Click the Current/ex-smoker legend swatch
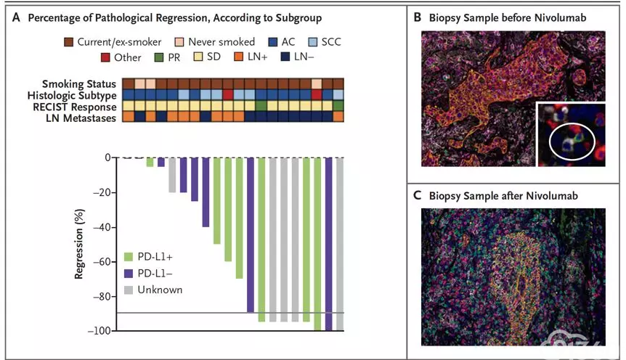pyautogui.click(x=69, y=42)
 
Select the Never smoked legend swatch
pyautogui.click(x=179, y=42)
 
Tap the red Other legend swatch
pyautogui.click(x=105, y=57)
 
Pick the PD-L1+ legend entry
pyautogui.click(x=149, y=257)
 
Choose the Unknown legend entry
pyautogui.click(x=153, y=290)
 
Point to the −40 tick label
pyautogui.click(x=102, y=227)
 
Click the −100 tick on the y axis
pyautogui.click(x=114, y=330)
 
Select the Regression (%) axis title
pyautogui.click(x=79, y=244)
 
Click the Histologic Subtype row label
pyautogui.click(x=72, y=95)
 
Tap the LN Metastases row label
pyautogui.click(x=81, y=118)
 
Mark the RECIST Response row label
pyautogui.click(x=75, y=107)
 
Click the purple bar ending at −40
pyautogui.click(x=206, y=192)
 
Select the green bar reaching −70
pyautogui.click(x=239, y=218)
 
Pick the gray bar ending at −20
pyautogui.click(x=172, y=175)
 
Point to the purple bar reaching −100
pyautogui.click(x=328, y=244)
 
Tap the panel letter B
pyautogui.click(x=417, y=17)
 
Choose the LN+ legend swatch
pyautogui.click(x=238, y=57)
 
